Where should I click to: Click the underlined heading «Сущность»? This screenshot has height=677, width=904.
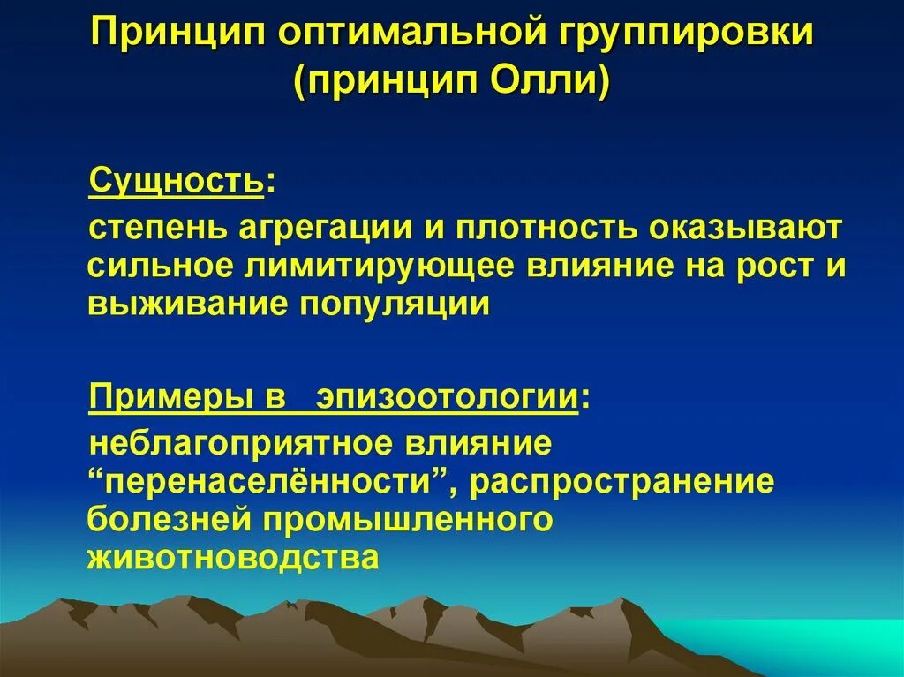point(176,183)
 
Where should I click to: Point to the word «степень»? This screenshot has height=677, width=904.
point(156,229)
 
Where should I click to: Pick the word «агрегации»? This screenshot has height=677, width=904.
point(322,229)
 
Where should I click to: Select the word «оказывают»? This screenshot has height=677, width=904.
point(747,229)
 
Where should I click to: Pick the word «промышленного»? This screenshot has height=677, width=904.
point(407,519)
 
